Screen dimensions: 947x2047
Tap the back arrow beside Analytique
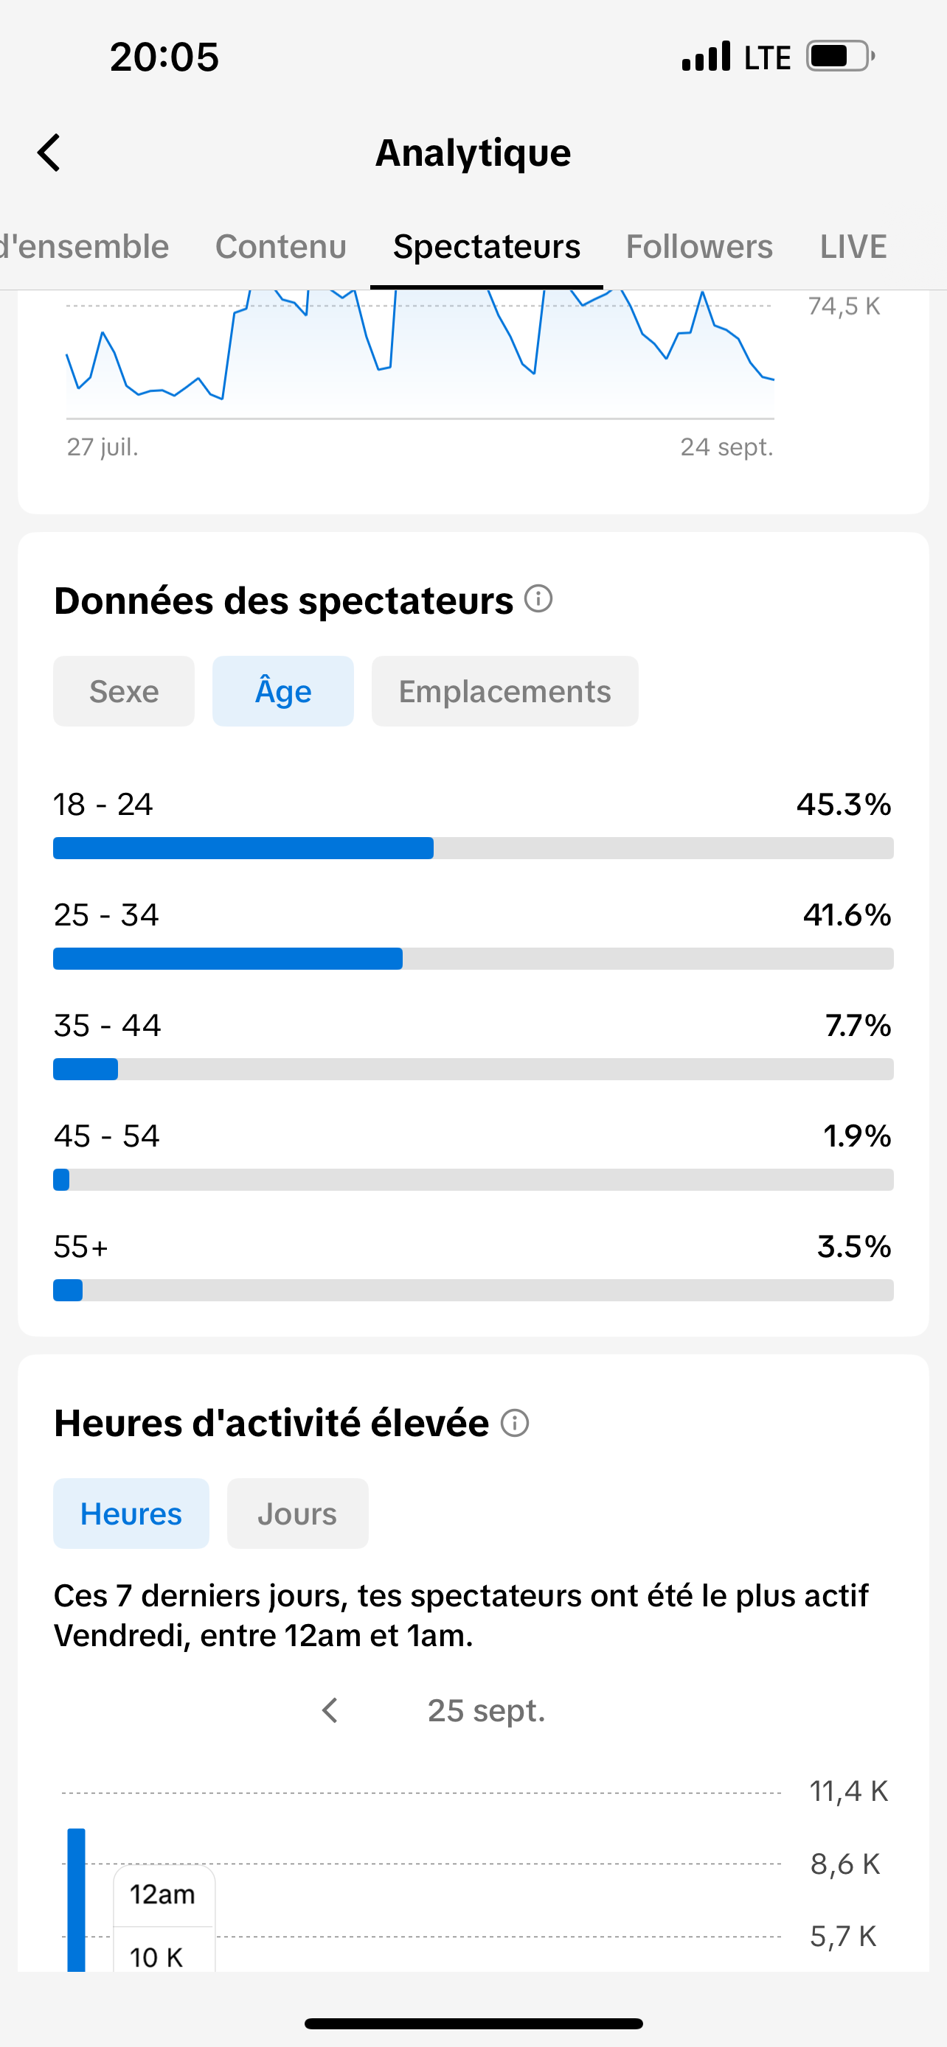point(49,153)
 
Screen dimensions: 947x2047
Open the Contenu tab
point(281,246)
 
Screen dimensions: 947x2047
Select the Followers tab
point(699,246)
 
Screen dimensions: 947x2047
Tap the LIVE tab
point(853,246)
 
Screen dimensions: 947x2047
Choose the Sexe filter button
point(124,691)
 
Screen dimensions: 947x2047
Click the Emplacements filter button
point(505,691)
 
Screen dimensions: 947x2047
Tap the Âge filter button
point(283,691)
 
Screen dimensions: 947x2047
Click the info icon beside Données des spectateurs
point(538,598)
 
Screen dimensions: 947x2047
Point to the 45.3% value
point(844,804)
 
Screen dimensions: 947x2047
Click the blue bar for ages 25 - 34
point(227,959)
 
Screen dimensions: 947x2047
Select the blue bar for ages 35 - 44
point(86,1068)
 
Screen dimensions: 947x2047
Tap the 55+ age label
point(80,1247)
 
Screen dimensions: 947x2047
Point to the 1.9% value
point(857,1136)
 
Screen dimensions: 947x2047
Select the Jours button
point(297,1514)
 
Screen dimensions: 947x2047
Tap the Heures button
point(131,1514)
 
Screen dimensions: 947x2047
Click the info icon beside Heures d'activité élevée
point(515,1422)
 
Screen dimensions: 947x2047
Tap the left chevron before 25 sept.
point(330,1710)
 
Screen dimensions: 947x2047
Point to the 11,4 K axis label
point(848,1791)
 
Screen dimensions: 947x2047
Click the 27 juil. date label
point(103,447)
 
